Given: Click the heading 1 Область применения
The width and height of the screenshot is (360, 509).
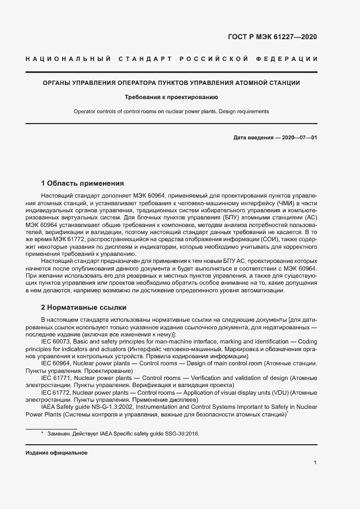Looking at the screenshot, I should pyautogui.click(x=83, y=183).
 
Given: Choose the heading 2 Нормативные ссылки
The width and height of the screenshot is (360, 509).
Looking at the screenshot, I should pyautogui.click(x=83, y=306).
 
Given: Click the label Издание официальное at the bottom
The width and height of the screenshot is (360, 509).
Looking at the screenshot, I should pyautogui.click(x=57, y=453).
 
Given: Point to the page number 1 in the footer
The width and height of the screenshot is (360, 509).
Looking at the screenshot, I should pyautogui.click(x=315, y=463).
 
